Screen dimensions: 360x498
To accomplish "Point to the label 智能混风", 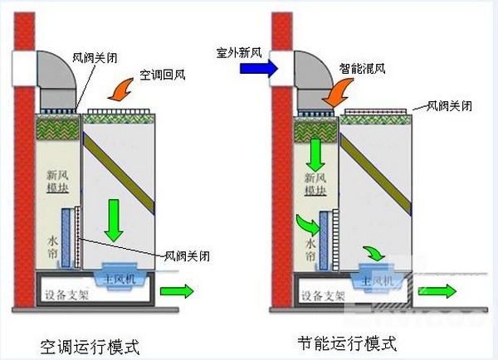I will [x=361, y=71].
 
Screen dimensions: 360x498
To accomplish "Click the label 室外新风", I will [x=239, y=52].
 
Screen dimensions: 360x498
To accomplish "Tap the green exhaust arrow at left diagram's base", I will [x=176, y=291].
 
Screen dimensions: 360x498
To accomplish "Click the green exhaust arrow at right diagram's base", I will [x=437, y=290].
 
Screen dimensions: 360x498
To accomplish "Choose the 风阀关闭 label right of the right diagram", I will [x=450, y=106].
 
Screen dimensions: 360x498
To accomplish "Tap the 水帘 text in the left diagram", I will [x=50, y=246].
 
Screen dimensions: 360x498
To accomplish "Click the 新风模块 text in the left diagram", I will [x=56, y=183].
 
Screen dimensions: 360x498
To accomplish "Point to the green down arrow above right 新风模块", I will [x=315, y=153].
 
